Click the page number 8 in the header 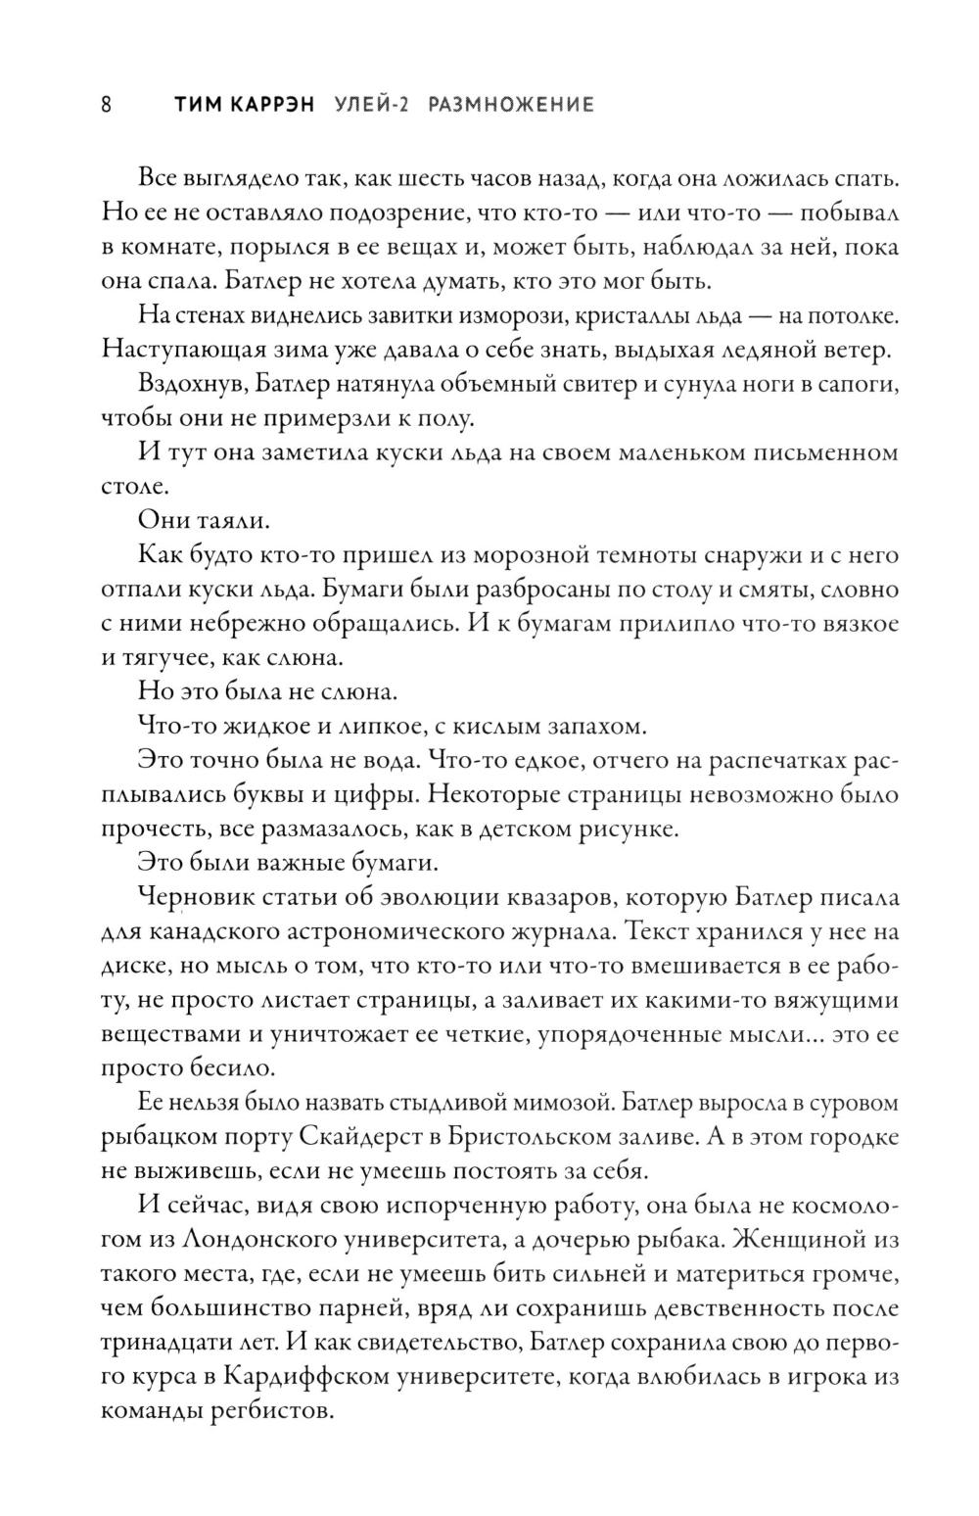[x=107, y=105]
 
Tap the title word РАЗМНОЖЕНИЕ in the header [x=511, y=105]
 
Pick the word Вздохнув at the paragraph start [x=184, y=385]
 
